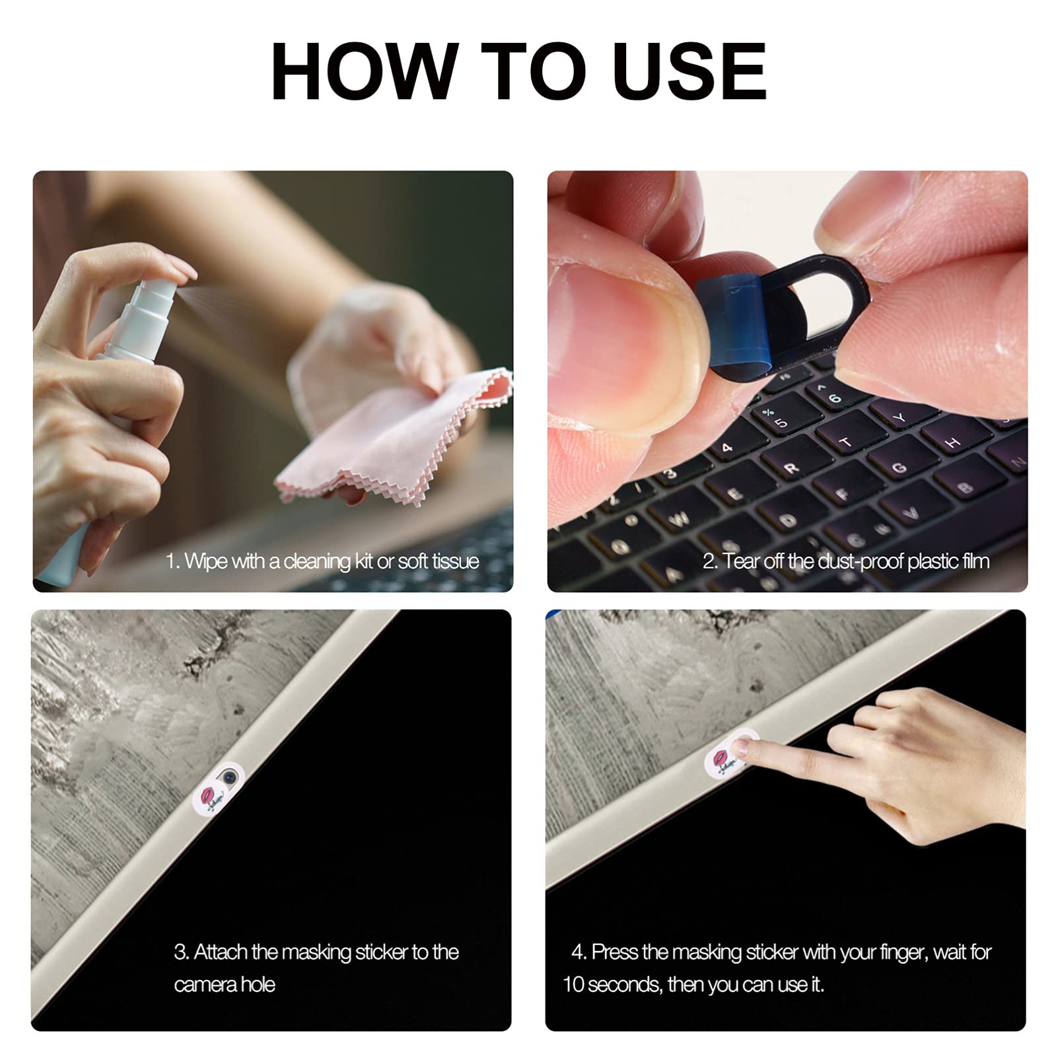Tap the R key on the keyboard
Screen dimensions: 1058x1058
click(790, 467)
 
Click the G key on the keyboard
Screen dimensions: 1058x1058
click(899, 468)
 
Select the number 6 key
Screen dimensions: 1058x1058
click(835, 396)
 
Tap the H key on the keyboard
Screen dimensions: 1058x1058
click(954, 442)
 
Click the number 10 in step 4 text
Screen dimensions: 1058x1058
click(573, 985)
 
